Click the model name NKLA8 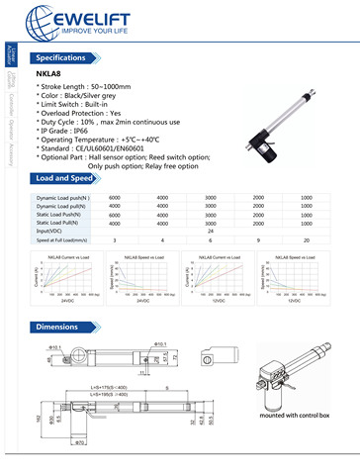[x=48, y=76]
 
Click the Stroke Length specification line [x=90, y=89]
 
